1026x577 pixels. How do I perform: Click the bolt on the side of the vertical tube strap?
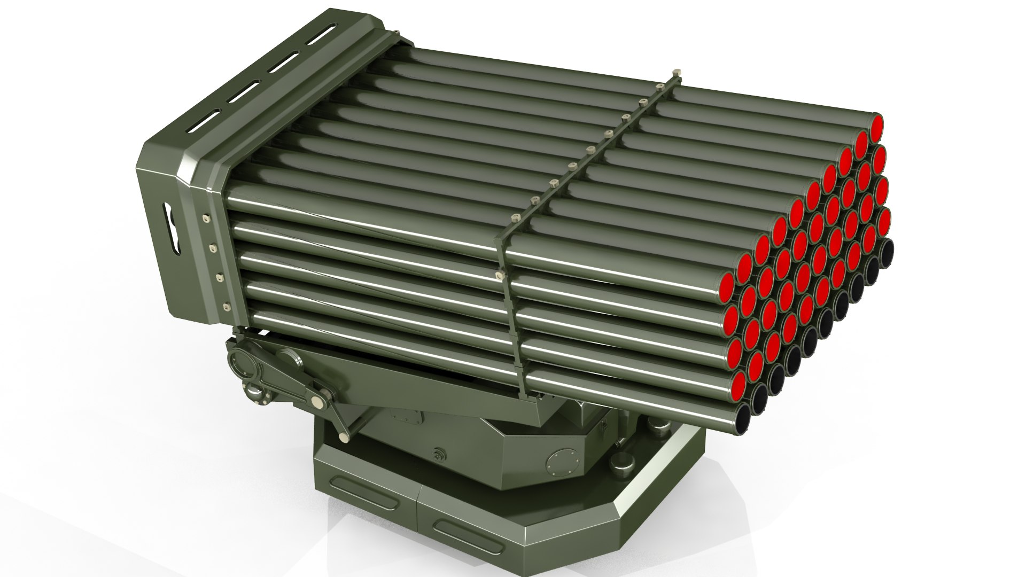coord(500,275)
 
